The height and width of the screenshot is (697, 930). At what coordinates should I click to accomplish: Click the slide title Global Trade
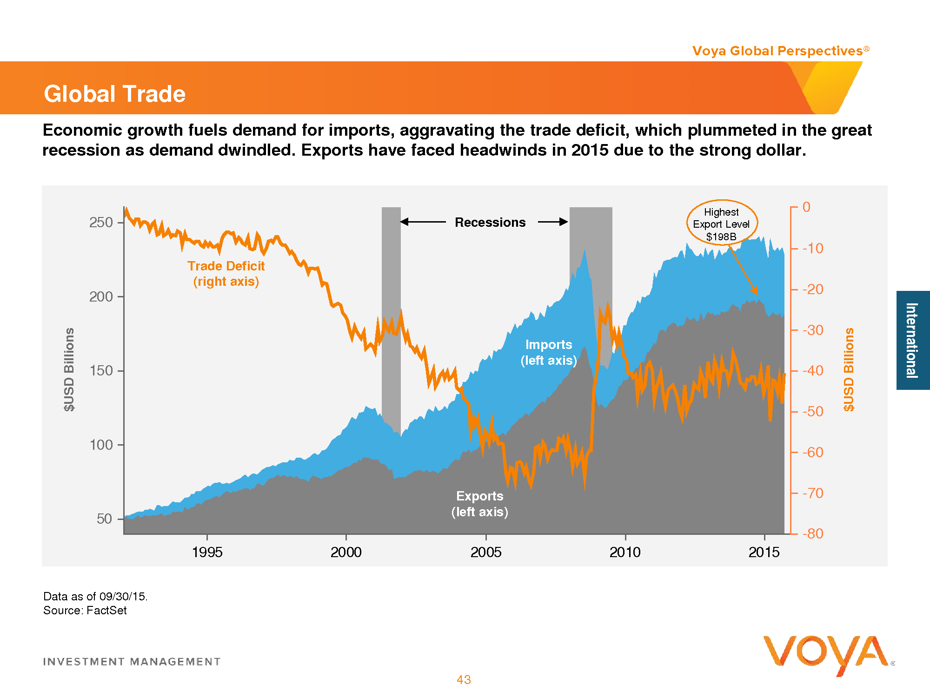tap(114, 94)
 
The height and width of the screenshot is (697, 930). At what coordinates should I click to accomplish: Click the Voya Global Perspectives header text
tap(777, 51)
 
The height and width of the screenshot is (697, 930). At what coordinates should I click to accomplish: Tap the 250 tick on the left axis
tap(101, 223)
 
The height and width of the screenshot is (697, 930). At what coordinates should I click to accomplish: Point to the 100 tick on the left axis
tap(101, 445)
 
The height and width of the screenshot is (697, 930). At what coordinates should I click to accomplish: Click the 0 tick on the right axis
tap(806, 207)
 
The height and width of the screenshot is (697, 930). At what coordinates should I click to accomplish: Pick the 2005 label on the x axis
tap(486, 552)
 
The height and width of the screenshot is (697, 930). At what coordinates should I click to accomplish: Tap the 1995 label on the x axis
tap(207, 552)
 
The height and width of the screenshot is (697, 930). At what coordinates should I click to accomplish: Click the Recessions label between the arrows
tap(490, 223)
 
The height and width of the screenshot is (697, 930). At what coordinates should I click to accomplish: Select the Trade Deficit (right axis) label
tap(226, 274)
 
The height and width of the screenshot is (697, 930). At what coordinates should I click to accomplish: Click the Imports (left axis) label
tap(549, 352)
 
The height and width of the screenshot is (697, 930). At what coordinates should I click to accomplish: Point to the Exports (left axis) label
tap(480, 504)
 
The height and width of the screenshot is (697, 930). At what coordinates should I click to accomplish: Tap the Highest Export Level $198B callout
tap(722, 224)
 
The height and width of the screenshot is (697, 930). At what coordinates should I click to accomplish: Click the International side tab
tap(912, 340)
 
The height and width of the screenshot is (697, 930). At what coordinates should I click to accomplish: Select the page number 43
tap(464, 680)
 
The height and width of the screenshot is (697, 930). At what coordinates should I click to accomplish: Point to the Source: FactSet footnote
tap(85, 611)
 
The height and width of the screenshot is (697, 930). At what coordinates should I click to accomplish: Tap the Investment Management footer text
tap(132, 662)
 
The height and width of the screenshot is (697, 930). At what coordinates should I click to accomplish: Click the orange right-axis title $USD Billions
tap(849, 369)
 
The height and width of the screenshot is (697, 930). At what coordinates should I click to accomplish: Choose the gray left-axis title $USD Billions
tap(69, 369)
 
